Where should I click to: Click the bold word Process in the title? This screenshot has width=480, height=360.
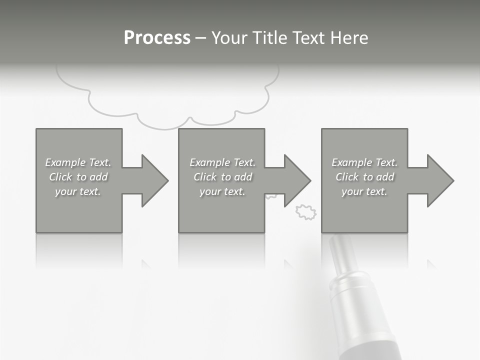tap(157, 38)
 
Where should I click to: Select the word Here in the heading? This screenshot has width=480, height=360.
tap(349, 38)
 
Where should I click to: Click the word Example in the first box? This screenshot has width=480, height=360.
tap(65, 162)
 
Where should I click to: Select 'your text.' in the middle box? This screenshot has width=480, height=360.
tap(222, 191)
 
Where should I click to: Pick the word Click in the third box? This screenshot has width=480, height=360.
tap(347, 177)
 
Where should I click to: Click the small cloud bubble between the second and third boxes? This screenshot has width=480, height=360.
tap(306, 212)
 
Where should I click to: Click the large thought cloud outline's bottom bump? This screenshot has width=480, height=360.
tap(165, 122)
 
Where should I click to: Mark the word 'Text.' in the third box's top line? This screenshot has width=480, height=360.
tap(386, 162)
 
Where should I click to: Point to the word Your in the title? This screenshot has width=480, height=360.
tap(230, 38)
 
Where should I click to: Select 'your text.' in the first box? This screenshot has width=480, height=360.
tap(78, 191)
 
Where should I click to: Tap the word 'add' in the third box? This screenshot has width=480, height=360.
tap(385, 177)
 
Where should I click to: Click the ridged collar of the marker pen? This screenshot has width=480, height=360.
tap(345, 280)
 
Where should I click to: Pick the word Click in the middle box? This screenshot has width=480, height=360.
tap(205, 177)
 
